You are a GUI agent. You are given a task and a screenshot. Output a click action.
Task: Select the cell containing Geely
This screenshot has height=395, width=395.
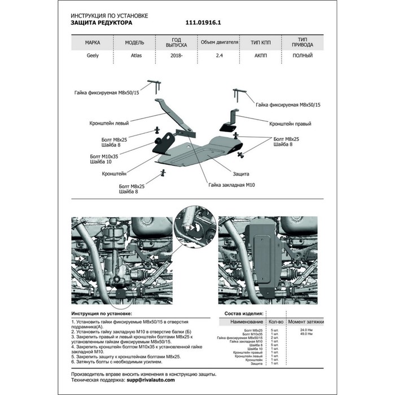tap(93, 56)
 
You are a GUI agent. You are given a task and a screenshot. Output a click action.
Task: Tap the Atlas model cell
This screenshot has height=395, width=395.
tap(135, 56)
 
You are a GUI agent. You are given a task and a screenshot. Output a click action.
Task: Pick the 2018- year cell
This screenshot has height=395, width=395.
tap(176, 56)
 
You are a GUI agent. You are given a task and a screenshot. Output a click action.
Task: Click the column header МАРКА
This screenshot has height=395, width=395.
tap(93, 42)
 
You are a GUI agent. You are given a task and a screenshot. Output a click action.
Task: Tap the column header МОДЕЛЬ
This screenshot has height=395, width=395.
tap(135, 42)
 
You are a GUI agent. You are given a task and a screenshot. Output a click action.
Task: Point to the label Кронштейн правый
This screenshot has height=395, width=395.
tap(290, 123)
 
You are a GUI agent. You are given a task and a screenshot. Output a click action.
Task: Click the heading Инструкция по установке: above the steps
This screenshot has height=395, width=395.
tap(102, 313)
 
